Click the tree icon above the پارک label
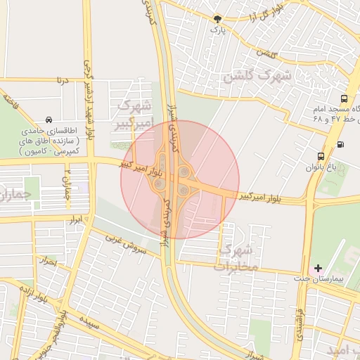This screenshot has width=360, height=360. click(217, 20)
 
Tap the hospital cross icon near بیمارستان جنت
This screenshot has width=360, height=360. click(319, 267)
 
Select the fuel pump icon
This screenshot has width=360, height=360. click(341, 144)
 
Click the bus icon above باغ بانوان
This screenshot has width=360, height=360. click(321, 156)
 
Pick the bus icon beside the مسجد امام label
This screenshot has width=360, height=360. click(344, 99)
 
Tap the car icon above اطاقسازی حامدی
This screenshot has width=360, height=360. click(48, 120)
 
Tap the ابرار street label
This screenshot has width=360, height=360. click(75, 221)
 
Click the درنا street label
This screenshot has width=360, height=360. click(63, 81)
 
